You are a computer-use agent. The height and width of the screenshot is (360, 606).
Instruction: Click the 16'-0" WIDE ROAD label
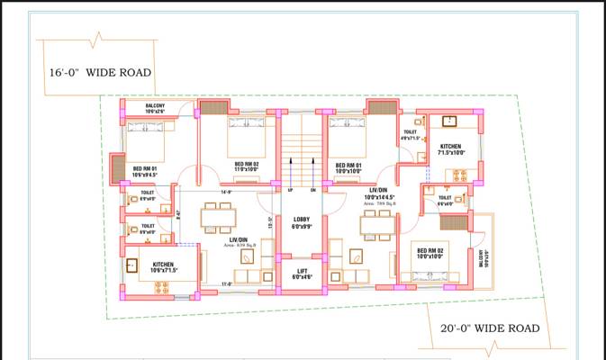(x=100, y=73)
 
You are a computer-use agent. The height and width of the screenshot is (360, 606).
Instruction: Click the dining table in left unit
(x=217, y=217)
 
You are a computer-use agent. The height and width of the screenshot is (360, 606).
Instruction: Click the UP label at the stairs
(x=290, y=190)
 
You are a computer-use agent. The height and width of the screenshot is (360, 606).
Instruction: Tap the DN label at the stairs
(x=313, y=190)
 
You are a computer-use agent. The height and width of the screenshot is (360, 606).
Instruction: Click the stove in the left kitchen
(x=163, y=289)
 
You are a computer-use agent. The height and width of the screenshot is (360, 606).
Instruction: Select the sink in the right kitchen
(x=448, y=121)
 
